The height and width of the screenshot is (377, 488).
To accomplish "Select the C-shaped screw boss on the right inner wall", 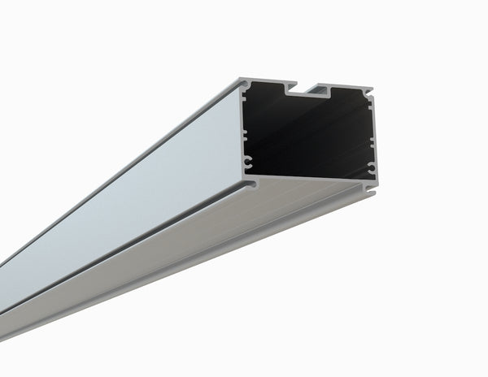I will [x=371, y=167].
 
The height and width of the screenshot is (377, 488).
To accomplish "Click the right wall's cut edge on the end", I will [x=374, y=138].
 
